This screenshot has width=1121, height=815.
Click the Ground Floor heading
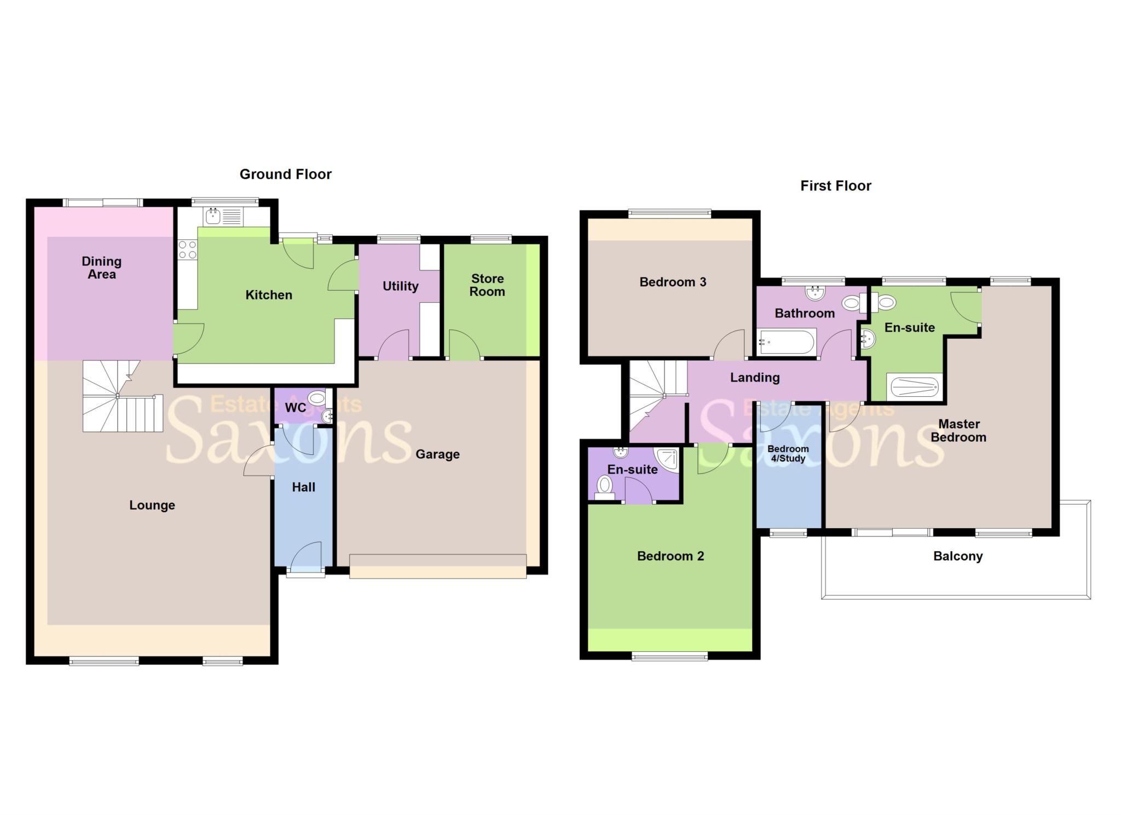[285, 175]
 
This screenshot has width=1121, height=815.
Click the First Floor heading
[835, 186]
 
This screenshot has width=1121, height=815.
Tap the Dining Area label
[102, 268]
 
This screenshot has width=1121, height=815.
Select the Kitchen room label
[268, 295]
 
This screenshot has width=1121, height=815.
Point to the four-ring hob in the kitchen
[187, 250]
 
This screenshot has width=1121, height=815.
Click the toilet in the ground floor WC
[316, 397]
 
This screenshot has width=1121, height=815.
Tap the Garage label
[437, 454]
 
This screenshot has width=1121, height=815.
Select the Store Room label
[487, 285]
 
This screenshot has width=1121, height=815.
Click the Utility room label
[400, 286]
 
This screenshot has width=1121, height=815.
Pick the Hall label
[303, 487]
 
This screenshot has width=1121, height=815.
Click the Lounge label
[152, 505]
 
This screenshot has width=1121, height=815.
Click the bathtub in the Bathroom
[787, 343]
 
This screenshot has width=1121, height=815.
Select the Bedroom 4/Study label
[788, 454]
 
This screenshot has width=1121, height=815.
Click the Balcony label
[957, 557]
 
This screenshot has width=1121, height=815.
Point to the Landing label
[755, 378]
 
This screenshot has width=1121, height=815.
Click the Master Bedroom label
[958, 431]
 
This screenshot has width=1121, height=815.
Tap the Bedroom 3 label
[673, 282]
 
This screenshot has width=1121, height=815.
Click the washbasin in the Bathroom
[816, 292]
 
